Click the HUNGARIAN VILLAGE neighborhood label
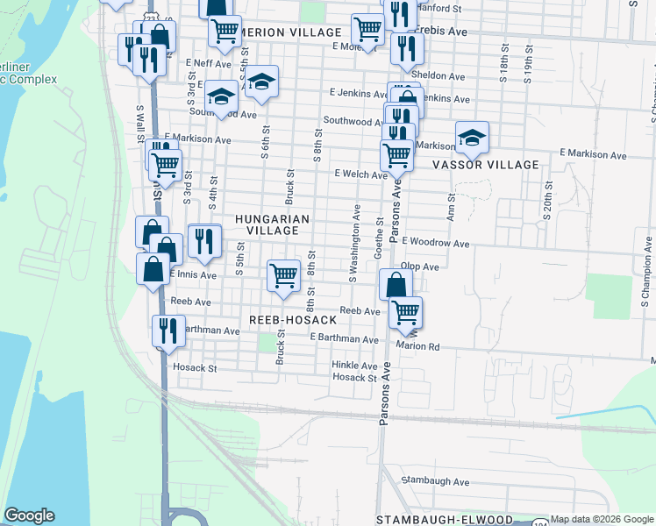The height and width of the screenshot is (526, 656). point(266,224)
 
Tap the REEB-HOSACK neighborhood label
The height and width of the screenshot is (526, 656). point(293,320)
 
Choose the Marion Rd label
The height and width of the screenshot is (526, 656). point(417,345)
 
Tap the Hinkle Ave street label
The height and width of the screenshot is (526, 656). point(353,366)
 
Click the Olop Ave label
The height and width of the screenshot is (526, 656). point(419,267)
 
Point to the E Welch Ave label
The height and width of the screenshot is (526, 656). point(360,174)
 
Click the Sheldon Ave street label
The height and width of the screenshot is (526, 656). point(444,76)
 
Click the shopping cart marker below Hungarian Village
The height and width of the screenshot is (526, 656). point(283,277)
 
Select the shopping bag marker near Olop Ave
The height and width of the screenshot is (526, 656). point(396,285)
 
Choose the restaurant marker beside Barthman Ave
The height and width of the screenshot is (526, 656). point(167,331)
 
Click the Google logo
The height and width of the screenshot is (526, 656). point(29,515)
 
